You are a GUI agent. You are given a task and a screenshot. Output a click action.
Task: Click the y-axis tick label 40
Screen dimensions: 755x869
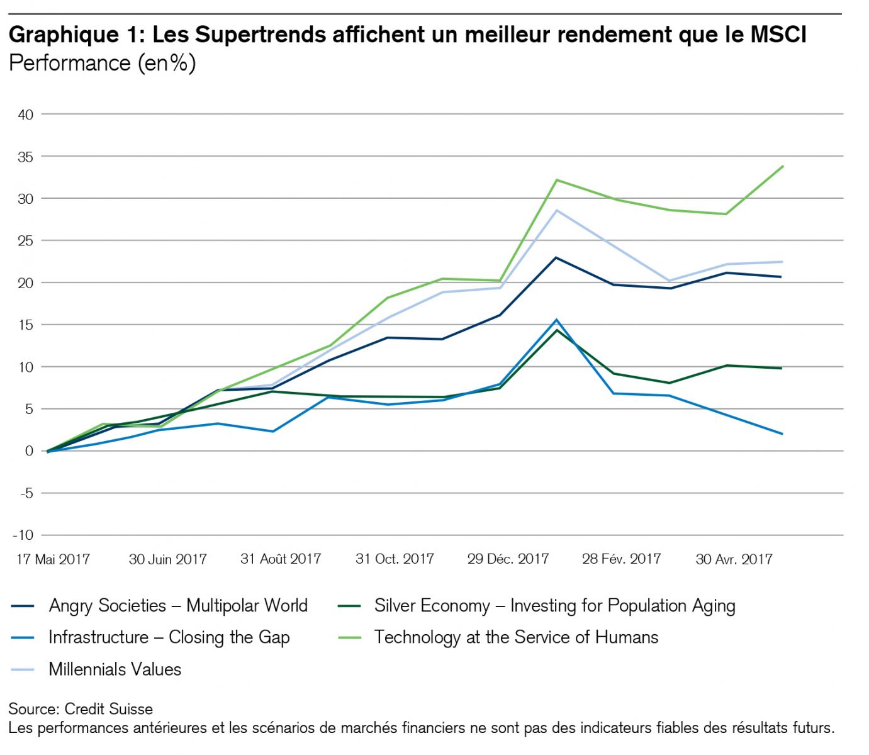[26, 115]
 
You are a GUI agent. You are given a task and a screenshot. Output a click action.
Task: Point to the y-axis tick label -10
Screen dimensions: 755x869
[23, 535]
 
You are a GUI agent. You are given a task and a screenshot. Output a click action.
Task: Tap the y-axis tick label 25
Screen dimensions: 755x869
[26, 240]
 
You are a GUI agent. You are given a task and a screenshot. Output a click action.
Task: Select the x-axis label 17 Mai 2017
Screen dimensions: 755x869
[53, 559]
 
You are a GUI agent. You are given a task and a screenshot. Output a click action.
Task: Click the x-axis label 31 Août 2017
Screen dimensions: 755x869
[281, 559]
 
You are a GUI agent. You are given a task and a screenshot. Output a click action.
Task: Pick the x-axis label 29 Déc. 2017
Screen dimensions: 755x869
[508, 559]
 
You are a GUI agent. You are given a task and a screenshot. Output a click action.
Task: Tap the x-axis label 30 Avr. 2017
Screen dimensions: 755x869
[734, 559]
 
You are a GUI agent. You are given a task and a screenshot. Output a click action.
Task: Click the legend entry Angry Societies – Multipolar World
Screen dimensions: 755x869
[178, 606]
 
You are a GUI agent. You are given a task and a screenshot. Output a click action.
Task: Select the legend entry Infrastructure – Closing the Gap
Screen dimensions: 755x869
[169, 637]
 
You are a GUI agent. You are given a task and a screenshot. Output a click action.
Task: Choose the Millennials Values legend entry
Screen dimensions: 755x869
[115, 669]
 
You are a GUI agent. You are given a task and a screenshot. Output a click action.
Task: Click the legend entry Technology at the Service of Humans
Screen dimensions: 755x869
[516, 637]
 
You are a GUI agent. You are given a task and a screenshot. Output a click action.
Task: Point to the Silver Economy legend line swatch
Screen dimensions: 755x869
[349, 607]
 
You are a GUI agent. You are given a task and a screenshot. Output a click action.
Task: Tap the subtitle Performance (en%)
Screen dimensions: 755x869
[102, 63]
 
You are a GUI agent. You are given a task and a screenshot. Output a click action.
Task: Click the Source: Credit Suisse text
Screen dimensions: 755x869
[81, 709]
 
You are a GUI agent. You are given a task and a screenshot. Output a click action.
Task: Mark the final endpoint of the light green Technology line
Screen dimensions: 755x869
[782, 166]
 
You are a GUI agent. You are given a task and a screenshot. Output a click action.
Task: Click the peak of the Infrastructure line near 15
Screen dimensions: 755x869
[556, 320]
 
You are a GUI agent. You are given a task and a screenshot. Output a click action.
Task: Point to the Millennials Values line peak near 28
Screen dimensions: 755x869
[556, 210]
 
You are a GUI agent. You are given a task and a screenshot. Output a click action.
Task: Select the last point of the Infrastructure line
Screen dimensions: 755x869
[782, 434]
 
